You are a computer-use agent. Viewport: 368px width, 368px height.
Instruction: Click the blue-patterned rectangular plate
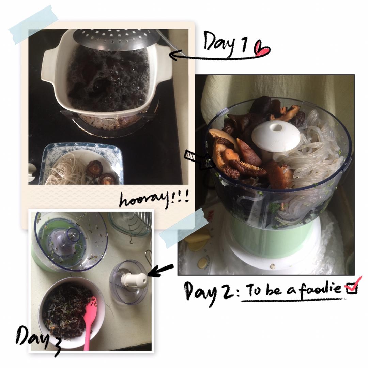[81, 164]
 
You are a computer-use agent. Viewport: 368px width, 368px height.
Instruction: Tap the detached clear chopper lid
[128, 282]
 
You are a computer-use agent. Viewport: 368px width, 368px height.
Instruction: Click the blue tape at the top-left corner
[33, 25]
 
